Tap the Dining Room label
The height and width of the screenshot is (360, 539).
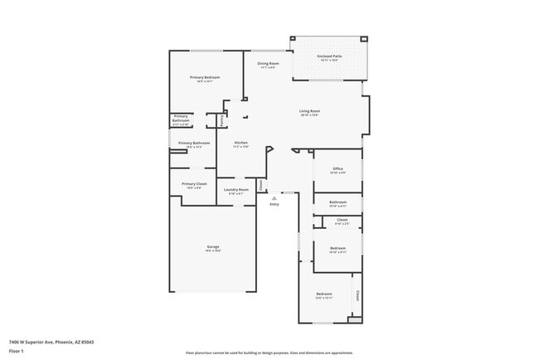click(268, 63)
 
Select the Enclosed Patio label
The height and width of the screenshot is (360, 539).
click(329, 56)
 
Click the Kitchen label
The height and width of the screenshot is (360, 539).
click(241, 143)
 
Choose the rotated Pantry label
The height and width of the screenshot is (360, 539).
click(221, 120)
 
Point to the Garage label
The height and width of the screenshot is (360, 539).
click(213, 247)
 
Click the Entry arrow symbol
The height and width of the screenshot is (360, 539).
click(274, 198)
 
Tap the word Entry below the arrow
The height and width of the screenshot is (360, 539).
click(274, 204)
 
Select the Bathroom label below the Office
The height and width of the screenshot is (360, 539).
click(337, 202)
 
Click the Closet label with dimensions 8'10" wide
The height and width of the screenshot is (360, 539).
click(342, 221)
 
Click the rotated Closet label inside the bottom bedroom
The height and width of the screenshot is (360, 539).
click(357, 294)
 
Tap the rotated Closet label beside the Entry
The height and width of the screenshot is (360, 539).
click(260, 185)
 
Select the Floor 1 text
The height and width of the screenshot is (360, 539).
click(17, 351)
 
